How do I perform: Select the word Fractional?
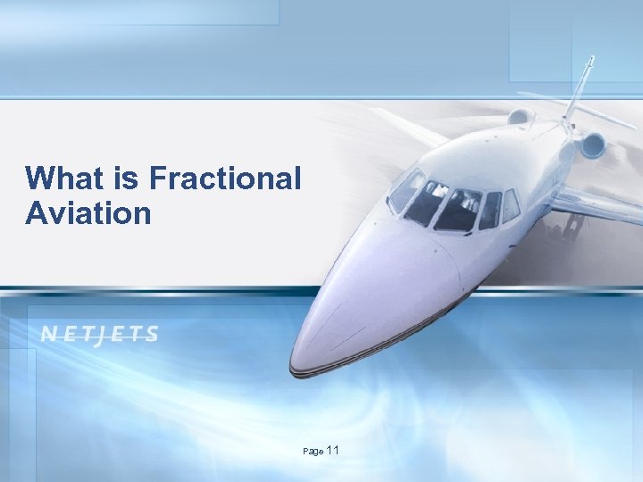tap(226, 179)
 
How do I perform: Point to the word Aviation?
tap(88, 213)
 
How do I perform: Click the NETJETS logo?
tap(100, 335)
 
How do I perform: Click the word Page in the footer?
tap(313, 453)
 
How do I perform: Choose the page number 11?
tap(333, 451)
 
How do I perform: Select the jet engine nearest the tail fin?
tap(591, 145)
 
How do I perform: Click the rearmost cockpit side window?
tap(510, 206)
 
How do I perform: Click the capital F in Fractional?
tap(158, 179)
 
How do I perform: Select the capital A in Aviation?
tap(38, 213)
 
